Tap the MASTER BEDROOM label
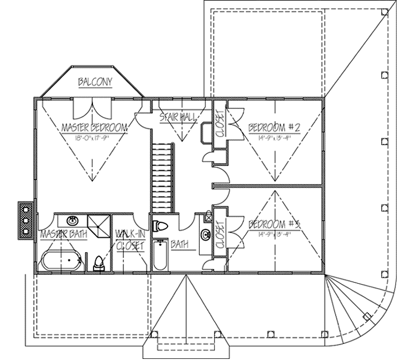(94, 128)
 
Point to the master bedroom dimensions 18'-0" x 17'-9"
(94, 138)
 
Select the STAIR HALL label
(175, 117)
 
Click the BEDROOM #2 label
(274, 128)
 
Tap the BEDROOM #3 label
(274, 225)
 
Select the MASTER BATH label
(63, 235)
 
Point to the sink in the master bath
(71, 221)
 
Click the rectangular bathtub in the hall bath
(160, 255)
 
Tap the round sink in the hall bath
(205, 234)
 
